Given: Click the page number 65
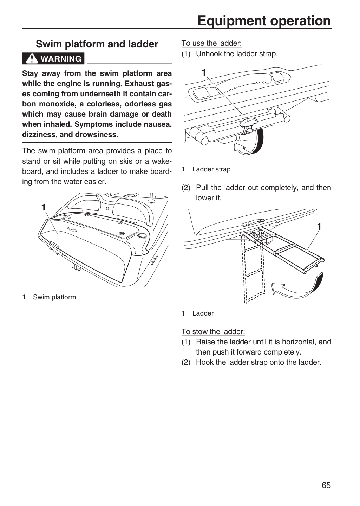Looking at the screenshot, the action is [x=326, y=485].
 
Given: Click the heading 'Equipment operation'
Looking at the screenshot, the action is [x=264, y=21].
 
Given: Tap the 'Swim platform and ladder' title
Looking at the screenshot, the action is [x=97, y=44].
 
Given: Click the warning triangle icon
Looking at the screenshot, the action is [x=32, y=59].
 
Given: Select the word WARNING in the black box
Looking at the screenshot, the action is [x=61, y=59].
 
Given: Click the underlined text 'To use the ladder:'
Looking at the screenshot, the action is [x=211, y=43].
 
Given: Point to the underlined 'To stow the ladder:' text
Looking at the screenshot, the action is [x=213, y=332].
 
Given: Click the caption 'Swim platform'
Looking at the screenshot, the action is [x=54, y=297].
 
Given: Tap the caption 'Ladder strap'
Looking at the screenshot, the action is [x=211, y=169].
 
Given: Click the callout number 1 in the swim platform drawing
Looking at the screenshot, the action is [x=44, y=207].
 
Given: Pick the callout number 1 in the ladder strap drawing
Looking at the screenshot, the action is [x=203, y=72].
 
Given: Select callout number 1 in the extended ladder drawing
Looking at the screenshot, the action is [x=319, y=227].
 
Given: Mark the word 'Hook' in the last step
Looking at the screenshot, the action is [x=204, y=362].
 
